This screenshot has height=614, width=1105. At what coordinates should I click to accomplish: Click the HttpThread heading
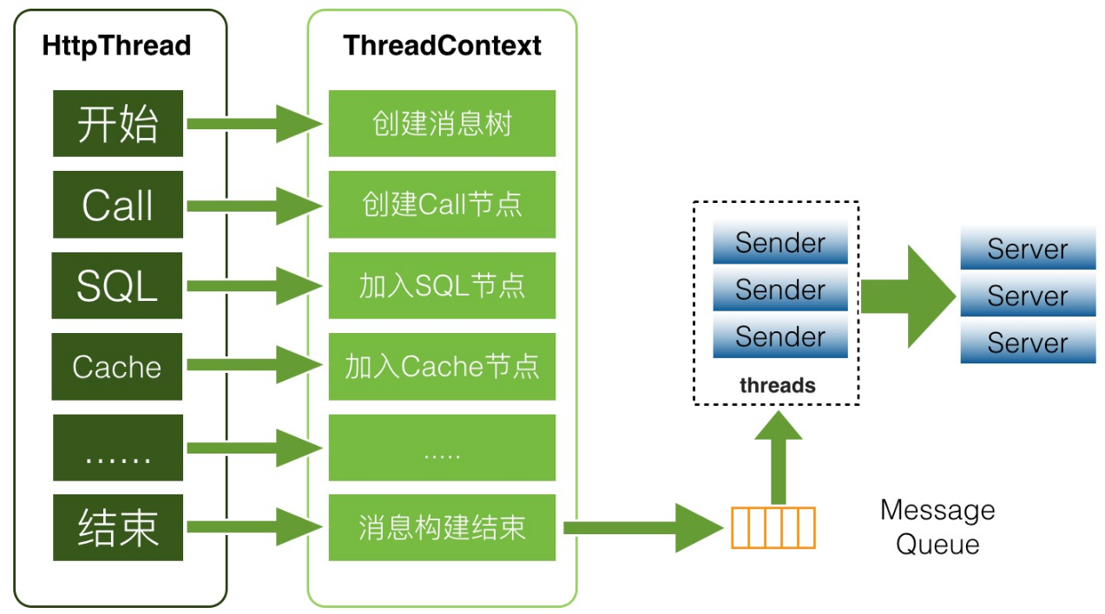point(116,46)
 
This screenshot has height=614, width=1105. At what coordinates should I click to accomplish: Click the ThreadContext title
point(442,45)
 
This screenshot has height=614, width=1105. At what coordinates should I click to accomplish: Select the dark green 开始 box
point(118,123)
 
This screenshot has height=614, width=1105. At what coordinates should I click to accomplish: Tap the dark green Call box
point(118,205)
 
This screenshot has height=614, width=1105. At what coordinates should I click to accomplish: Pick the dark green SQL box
point(117,285)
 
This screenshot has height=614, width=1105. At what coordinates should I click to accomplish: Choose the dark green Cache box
point(117,366)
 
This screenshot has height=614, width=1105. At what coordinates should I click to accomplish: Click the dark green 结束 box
point(118,527)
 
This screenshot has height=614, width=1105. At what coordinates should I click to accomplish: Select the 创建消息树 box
point(442,123)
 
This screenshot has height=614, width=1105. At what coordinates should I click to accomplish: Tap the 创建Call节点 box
point(442,205)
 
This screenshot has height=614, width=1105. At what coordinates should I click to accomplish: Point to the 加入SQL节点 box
point(442,285)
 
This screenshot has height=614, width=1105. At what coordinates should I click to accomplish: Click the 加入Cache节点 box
point(442,366)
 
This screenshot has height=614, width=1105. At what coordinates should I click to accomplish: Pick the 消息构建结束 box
point(442,527)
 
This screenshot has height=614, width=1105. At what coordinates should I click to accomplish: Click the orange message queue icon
point(773,527)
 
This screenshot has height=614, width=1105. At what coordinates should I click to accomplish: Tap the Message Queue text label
point(937,526)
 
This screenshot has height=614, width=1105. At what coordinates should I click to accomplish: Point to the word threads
point(778,385)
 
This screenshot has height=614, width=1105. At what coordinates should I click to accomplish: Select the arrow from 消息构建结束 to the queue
point(643,528)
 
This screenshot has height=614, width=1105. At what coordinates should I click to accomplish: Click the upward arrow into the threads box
point(779,457)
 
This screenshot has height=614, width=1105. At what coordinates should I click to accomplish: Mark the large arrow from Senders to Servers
point(909,297)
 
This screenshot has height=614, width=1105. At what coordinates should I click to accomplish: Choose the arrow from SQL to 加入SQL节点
point(254,286)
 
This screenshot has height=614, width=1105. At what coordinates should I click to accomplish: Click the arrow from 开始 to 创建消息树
point(254,124)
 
